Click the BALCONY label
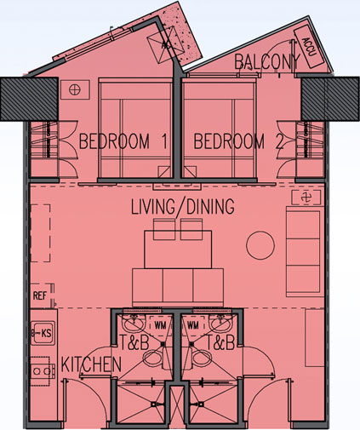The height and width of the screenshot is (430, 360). (x=266, y=61)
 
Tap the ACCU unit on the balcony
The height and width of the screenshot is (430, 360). (x=309, y=47)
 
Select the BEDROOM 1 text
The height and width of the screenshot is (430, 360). (x=123, y=141)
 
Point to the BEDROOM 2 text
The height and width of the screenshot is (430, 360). (x=238, y=141)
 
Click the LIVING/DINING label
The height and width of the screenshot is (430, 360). (x=183, y=206)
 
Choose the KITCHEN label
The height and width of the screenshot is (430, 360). (x=91, y=364)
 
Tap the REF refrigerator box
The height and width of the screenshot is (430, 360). (x=42, y=295)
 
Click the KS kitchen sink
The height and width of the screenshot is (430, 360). (x=43, y=333)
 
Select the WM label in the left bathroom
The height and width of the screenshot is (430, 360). (x=160, y=325)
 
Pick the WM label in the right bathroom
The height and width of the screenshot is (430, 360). (x=193, y=325)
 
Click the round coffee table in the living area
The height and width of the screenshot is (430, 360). (x=260, y=245)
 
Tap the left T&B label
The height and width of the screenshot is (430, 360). (x=134, y=342)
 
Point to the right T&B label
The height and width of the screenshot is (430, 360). (x=220, y=342)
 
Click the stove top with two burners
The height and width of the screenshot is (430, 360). (x=41, y=371)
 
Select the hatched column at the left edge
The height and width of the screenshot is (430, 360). (x=29, y=99)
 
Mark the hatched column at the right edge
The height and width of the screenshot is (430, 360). (x=330, y=99)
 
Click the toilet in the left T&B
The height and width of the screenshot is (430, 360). (x=155, y=358)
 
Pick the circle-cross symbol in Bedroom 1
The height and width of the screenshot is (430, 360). (x=75, y=89)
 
